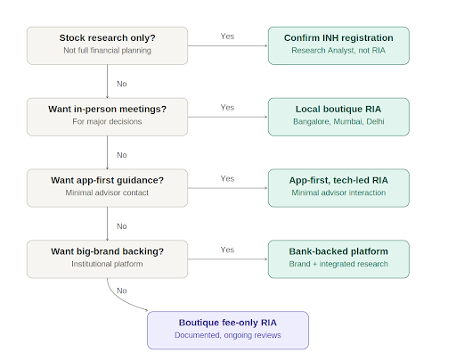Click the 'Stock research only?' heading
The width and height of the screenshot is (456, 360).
107,38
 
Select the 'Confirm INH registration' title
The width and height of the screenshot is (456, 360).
338,38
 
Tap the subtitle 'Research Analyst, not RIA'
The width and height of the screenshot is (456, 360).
338,51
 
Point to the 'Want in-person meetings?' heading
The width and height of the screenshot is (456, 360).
107,110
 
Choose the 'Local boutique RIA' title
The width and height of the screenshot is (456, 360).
338,110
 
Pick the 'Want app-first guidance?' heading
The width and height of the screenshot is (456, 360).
107,180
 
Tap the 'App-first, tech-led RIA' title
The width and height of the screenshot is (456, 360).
338,180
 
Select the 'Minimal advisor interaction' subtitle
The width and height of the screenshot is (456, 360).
338,192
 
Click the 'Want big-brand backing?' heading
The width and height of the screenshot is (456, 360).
107,251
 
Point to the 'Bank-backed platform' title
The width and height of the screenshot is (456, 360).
338,251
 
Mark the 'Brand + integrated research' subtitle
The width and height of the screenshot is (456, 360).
338,264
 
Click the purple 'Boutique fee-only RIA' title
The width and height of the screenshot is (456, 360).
228,323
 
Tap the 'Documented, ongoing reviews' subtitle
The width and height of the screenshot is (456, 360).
228,335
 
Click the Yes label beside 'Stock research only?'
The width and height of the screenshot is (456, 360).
227,37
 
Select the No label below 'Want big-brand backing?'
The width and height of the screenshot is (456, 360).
122,290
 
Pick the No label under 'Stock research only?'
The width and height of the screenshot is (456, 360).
122,84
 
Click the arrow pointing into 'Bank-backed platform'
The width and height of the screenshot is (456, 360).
228,259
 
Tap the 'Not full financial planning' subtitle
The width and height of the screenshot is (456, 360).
107,51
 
